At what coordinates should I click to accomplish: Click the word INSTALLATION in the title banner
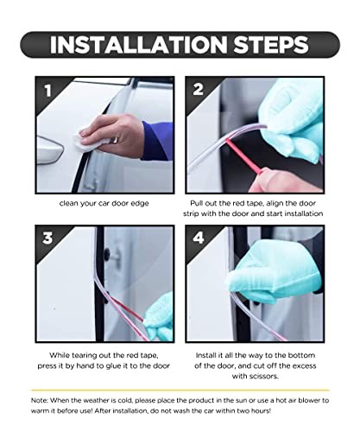[x=138, y=45]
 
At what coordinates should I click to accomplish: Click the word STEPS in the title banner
[x=271, y=45]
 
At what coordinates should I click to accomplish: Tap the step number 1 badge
[x=47, y=90]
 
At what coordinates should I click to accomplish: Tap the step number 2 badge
[x=199, y=89]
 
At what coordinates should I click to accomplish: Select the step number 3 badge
[x=47, y=238]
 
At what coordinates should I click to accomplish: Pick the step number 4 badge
[x=199, y=238]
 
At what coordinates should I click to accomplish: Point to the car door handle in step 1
[x=49, y=150]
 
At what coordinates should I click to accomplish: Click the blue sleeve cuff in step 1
[x=158, y=141]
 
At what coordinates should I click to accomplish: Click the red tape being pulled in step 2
[x=243, y=157]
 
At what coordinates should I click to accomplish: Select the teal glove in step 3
[x=159, y=318]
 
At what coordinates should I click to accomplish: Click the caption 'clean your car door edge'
[x=104, y=203]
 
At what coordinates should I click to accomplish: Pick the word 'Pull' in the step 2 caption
[x=196, y=203]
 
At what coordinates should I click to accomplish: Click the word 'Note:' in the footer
[x=40, y=400]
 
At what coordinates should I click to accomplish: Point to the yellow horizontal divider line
[x=180, y=391]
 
